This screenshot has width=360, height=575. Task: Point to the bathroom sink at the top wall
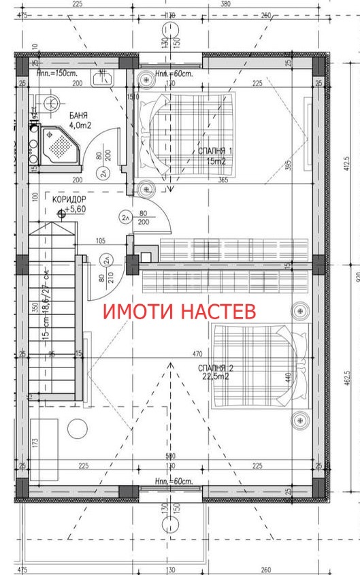point(105,79)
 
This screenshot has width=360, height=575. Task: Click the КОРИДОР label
point(69,199)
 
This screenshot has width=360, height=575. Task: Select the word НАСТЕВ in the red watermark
point(219,312)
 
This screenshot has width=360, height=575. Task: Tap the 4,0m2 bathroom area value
point(80,125)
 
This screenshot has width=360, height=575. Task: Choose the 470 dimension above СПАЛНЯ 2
point(198,354)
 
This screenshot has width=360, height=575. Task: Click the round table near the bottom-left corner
point(76,429)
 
